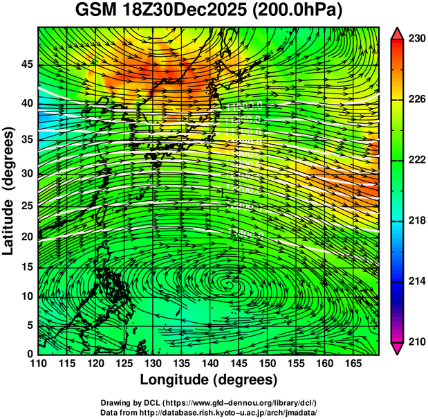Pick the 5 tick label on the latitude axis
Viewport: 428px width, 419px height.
point(29,325)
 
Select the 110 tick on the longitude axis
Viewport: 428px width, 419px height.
point(38,362)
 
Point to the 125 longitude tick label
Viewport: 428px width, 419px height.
point(124,362)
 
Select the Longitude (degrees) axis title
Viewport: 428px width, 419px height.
point(209,380)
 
